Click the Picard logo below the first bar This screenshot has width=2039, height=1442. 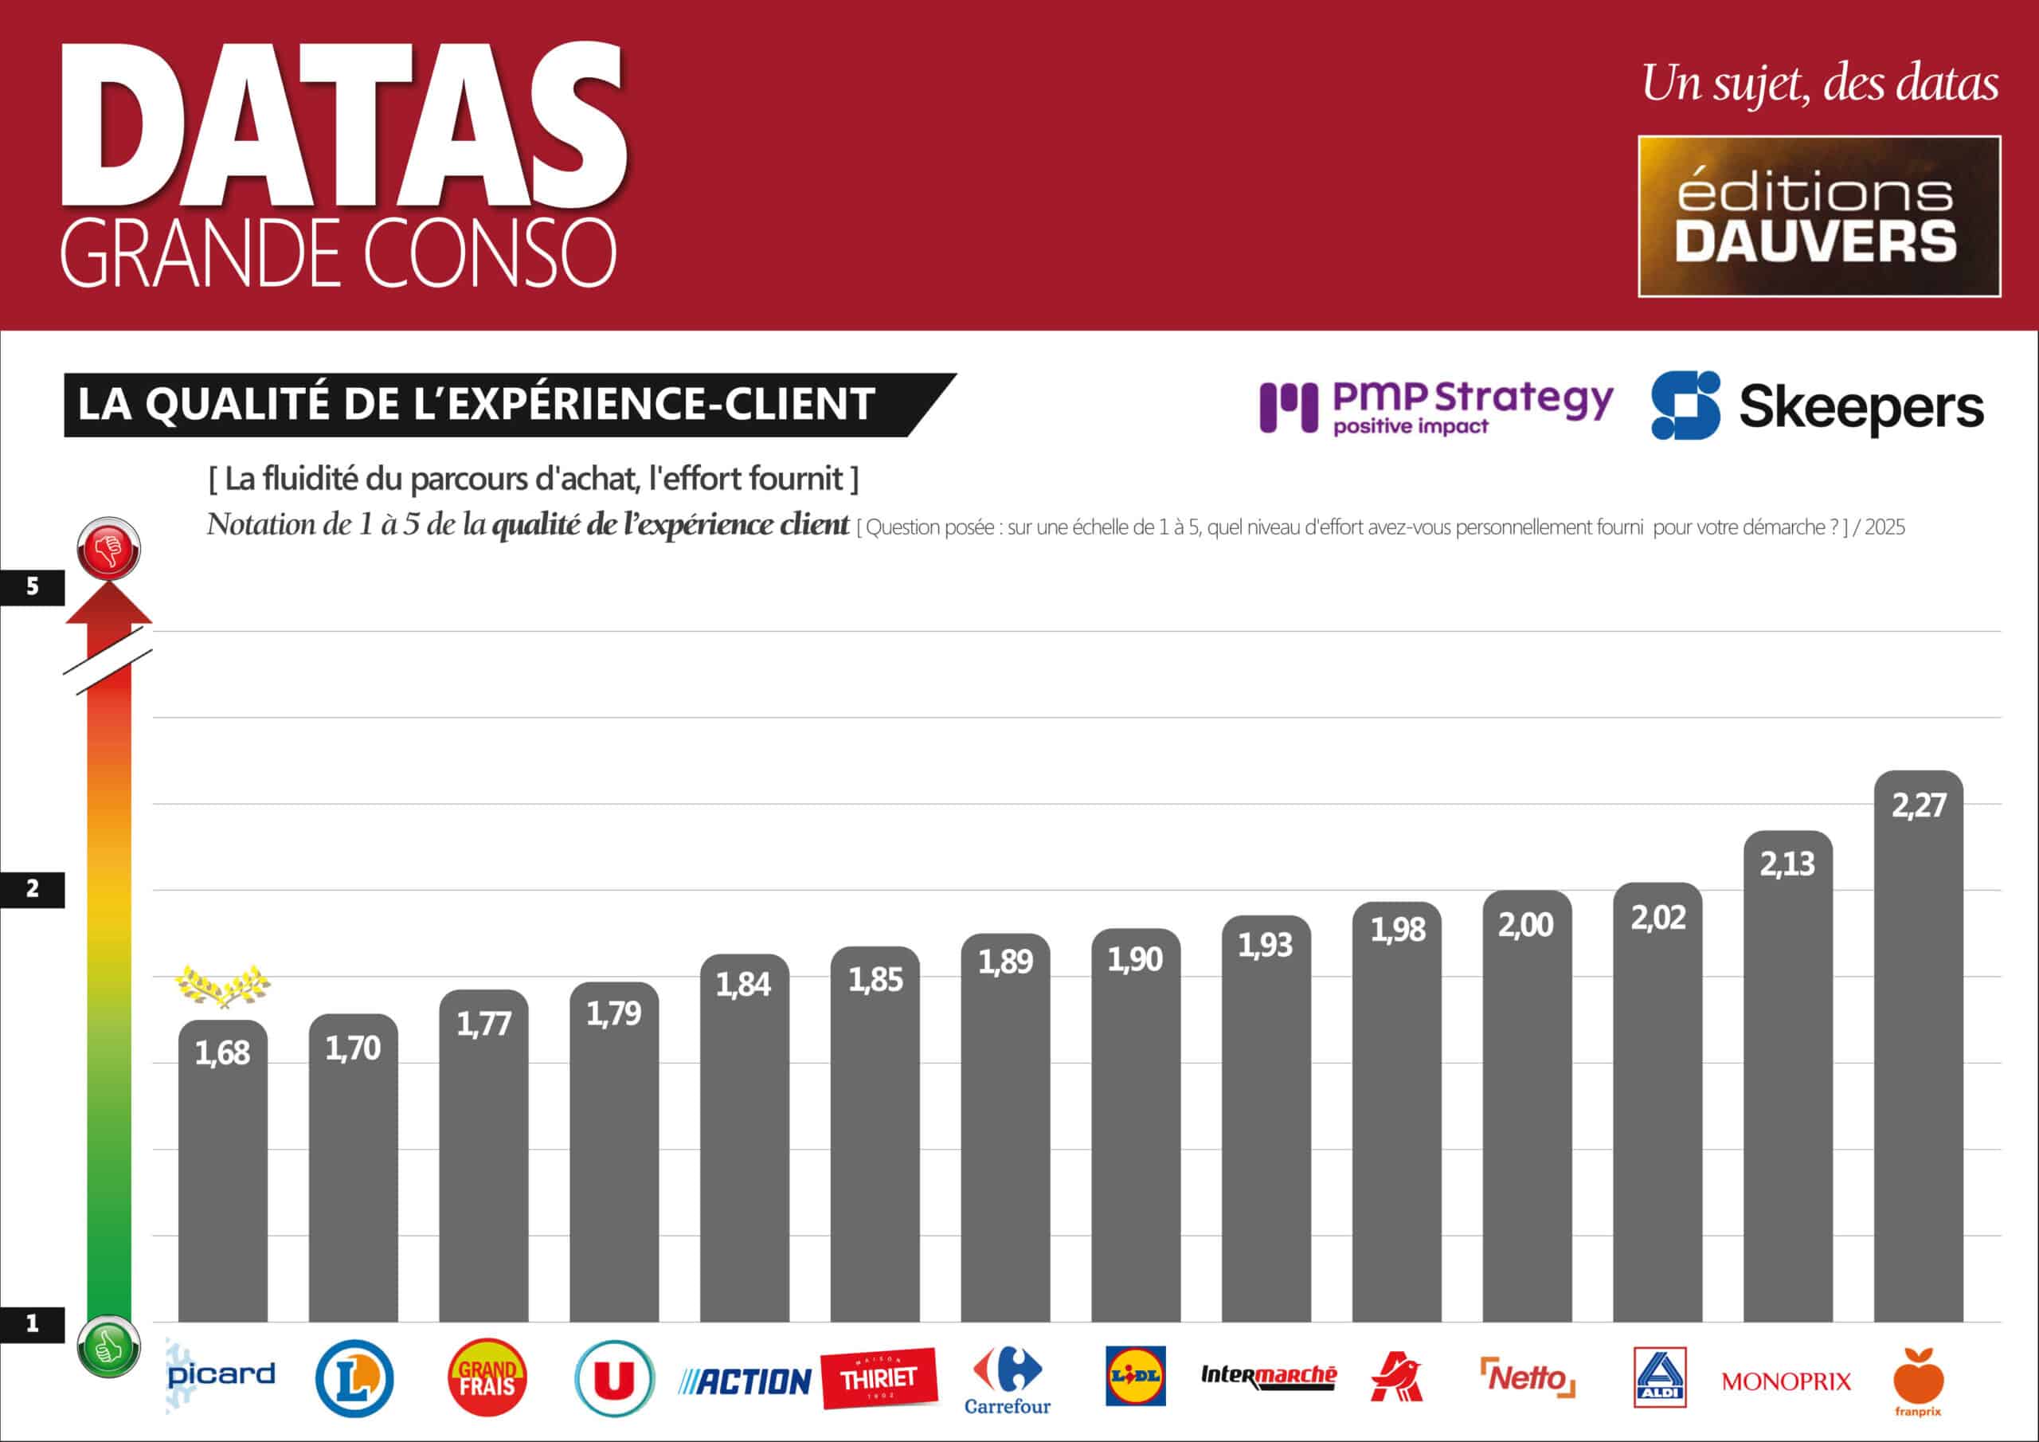[x=221, y=1375]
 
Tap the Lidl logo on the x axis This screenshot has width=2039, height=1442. [x=1135, y=1375]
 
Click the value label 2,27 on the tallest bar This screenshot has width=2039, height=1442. [x=1918, y=805]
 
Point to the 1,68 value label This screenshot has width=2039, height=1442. [x=222, y=1053]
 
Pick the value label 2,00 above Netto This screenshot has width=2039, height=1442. [x=1526, y=925]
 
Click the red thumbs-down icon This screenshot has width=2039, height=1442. [x=109, y=548]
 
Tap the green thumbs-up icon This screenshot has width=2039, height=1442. [x=109, y=1348]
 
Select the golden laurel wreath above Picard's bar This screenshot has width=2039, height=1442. [x=222, y=985]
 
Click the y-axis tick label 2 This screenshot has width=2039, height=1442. [x=33, y=888]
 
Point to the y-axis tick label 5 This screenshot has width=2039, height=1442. [x=33, y=586]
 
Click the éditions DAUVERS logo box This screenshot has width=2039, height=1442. [x=1818, y=216]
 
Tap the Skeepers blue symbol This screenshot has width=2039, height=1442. [x=1685, y=406]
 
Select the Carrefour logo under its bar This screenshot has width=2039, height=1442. [x=1007, y=1380]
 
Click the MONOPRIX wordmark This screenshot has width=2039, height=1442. [x=1786, y=1381]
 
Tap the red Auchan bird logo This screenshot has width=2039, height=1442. [x=1397, y=1377]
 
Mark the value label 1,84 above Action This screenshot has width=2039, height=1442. [x=743, y=984]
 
